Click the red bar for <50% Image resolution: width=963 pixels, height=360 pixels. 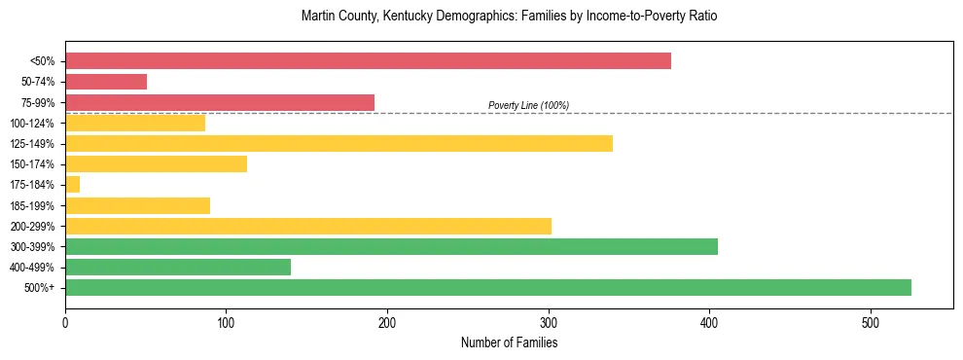click(x=368, y=60)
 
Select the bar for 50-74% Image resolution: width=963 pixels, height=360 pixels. click(x=106, y=82)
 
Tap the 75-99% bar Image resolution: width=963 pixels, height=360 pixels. click(x=220, y=102)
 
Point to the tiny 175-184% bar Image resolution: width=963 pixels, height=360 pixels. click(x=72, y=185)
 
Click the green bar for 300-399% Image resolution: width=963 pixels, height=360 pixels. click(x=391, y=246)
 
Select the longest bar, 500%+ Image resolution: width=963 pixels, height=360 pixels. click(x=488, y=287)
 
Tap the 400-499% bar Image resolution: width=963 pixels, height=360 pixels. click(x=178, y=267)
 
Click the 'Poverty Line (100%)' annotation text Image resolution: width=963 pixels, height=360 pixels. click(x=528, y=105)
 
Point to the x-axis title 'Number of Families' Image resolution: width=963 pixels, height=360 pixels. click(x=509, y=342)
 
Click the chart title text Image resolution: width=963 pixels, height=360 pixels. click(x=509, y=17)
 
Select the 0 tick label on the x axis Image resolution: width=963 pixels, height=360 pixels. click(x=65, y=323)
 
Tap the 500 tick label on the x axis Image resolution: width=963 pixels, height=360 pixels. click(x=871, y=323)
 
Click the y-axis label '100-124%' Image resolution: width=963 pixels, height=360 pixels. click(x=33, y=123)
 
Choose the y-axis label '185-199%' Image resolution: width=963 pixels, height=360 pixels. click(x=33, y=205)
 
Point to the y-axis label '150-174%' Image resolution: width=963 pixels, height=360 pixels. click(x=33, y=164)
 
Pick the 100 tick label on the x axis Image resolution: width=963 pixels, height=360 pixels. click(x=226, y=323)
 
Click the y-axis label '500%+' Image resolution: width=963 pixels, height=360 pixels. click(x=39, y=288)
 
